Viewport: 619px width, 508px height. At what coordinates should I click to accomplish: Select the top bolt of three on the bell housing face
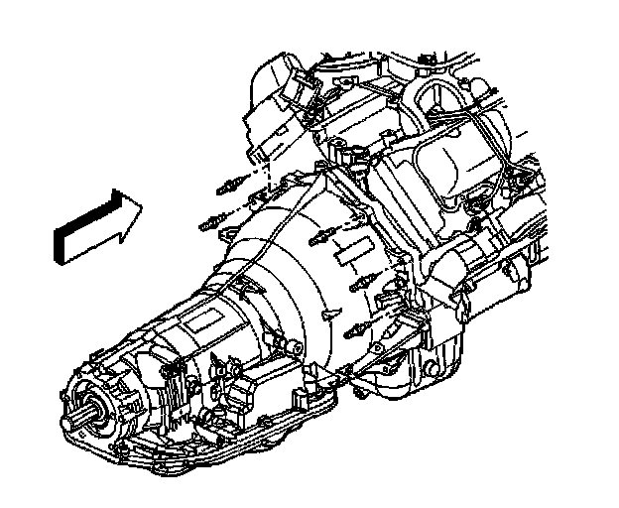[322, 238]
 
